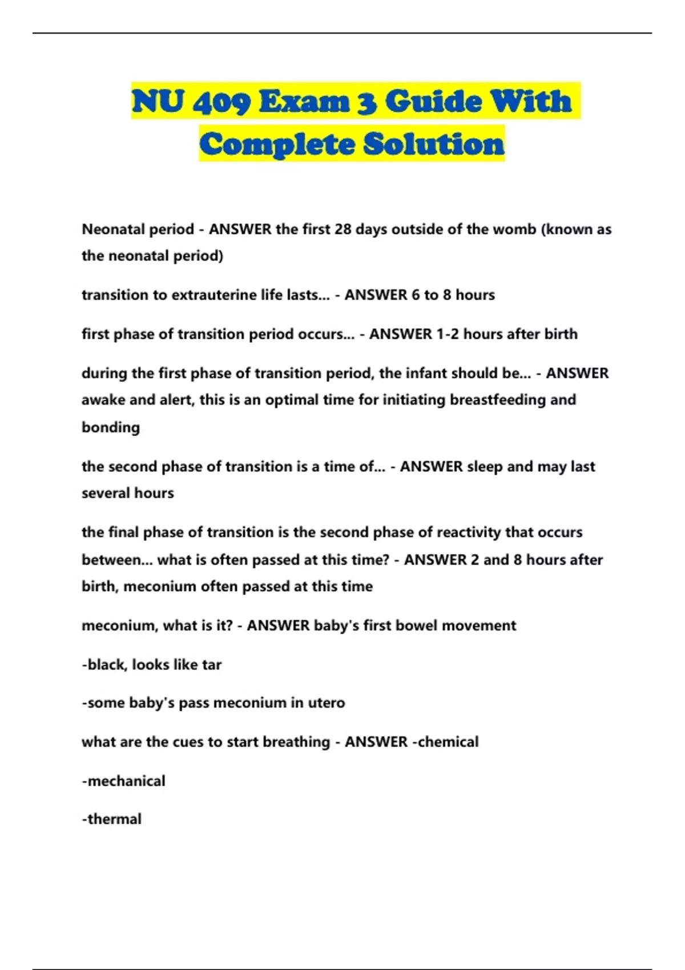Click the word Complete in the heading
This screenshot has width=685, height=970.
tap(277, 144)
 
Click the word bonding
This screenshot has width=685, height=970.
tap(111, 427)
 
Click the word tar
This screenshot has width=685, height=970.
tap(212, 665)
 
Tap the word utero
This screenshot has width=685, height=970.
tap(327, 702)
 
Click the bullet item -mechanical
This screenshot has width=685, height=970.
tap(123, 781)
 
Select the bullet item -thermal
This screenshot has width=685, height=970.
tap(111, 819)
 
